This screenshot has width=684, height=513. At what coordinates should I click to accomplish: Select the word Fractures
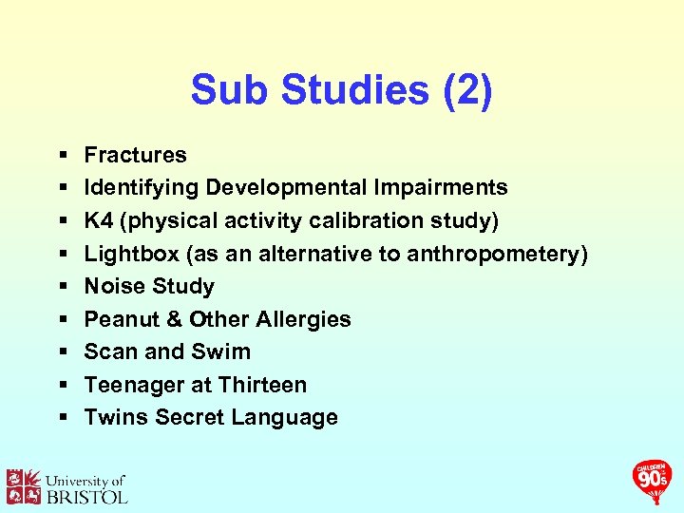pyautogui.click(x=136, y=155)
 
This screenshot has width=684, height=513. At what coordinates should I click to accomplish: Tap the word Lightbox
pyautogui.click(x=128, y=254)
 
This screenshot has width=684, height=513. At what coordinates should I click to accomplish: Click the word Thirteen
pyautogui.click(x=262, y=385)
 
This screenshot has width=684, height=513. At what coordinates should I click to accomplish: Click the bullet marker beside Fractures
pyautogui.click(x=62, y=155)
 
